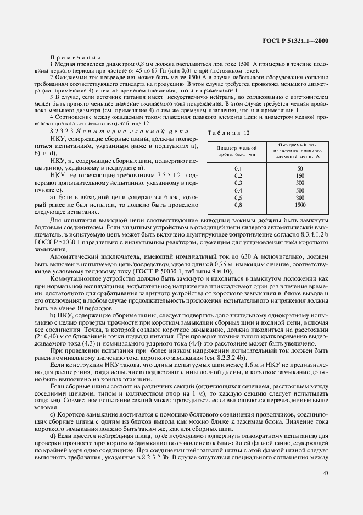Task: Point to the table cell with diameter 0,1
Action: (238, 168)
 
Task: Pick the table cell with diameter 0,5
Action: (238, 196)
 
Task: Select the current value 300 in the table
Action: (300, 182)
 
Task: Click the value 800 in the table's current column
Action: (300, 196)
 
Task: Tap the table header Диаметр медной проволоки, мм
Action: (237, 151)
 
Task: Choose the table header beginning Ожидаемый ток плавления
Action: (300, 151)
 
